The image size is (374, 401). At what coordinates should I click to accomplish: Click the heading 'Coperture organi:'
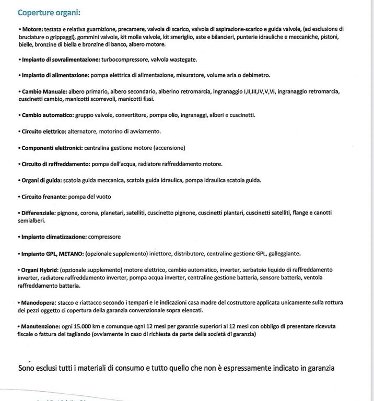(49, 11)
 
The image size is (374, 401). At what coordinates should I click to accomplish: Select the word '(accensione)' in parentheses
(167, 147)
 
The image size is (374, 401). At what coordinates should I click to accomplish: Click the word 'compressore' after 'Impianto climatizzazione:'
(104, 237)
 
